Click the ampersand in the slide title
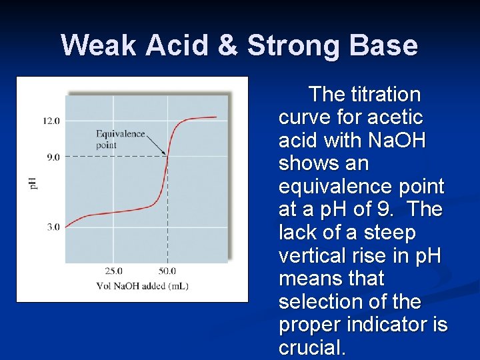click(228, 46)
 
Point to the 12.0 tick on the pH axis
click(51, 121)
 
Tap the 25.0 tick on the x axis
click(113, 271)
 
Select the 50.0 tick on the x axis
click(167, 271)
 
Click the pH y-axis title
click(34, 181)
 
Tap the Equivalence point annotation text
click(120, 139)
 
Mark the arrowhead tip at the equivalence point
click(166, 155)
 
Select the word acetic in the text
click(398, 117)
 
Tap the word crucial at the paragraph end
click(311, 348)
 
